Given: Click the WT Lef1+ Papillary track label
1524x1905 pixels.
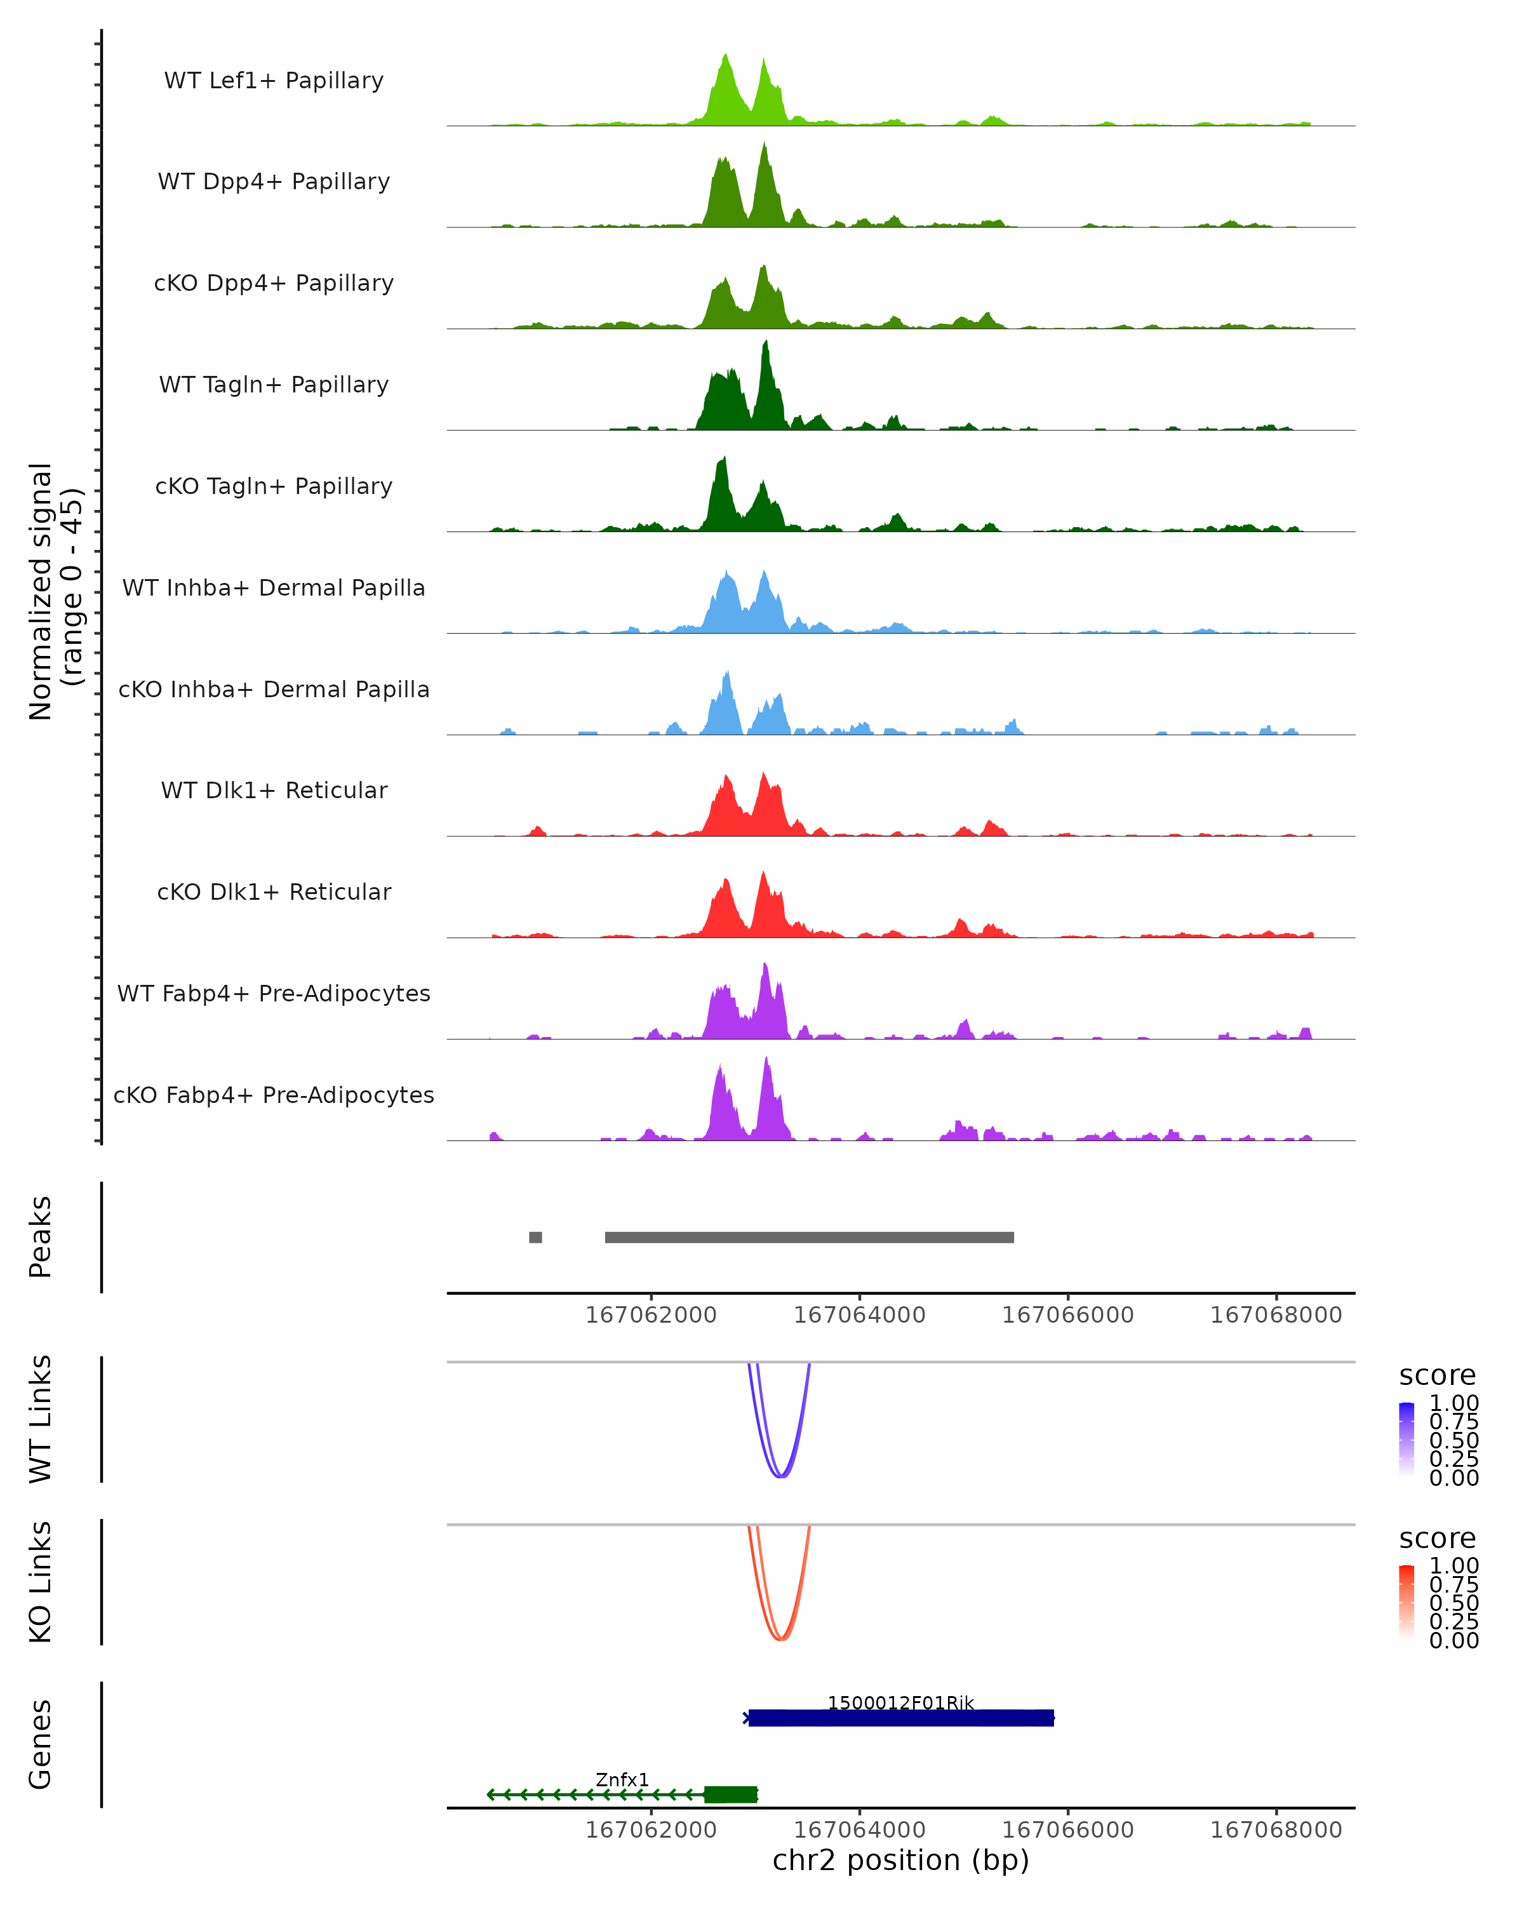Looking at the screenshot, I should click(x=274, y=81).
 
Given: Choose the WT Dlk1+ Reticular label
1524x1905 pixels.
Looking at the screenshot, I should click(x=274, y=790).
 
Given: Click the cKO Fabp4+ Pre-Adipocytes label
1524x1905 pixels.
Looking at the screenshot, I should click(x=274, y=1095).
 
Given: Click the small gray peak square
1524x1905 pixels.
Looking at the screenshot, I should click(x=535, y=1237).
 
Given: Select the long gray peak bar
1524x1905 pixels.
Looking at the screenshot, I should click(x=809, y=1237).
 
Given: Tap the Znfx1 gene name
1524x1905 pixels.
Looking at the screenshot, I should click(x=622, y=1779).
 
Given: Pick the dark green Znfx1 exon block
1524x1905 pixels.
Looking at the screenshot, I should click(x=731, y=1795).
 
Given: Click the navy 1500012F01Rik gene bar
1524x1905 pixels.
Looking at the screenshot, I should click(x=901, y=1718).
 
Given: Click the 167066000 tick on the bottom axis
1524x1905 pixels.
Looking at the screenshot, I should click(x=1067, y=1830).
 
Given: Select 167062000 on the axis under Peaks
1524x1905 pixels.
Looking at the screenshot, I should click(x=651, y=1315).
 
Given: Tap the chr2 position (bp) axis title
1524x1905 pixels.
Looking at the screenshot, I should click(x=900, y=1860).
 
